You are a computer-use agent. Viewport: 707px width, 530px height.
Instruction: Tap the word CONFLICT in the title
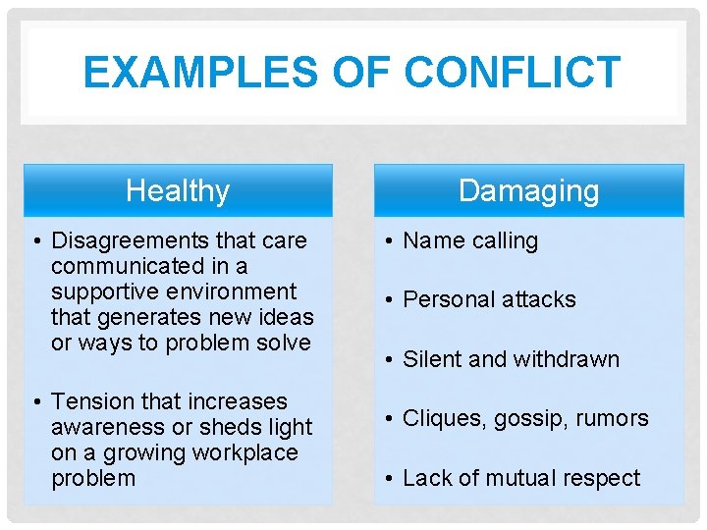[x=513, y=73]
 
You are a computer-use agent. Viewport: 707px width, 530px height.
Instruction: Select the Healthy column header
[x=178, y=190]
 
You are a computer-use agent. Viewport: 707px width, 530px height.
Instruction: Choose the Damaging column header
[x=528, y=190]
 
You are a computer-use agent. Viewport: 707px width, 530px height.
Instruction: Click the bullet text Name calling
[x=470, y=240]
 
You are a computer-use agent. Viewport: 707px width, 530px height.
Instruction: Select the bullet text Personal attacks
[x=489, y=299]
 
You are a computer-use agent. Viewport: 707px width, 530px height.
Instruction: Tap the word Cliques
[x=440, y=418]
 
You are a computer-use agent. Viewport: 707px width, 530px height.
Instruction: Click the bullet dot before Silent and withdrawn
[x=391, y=359]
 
